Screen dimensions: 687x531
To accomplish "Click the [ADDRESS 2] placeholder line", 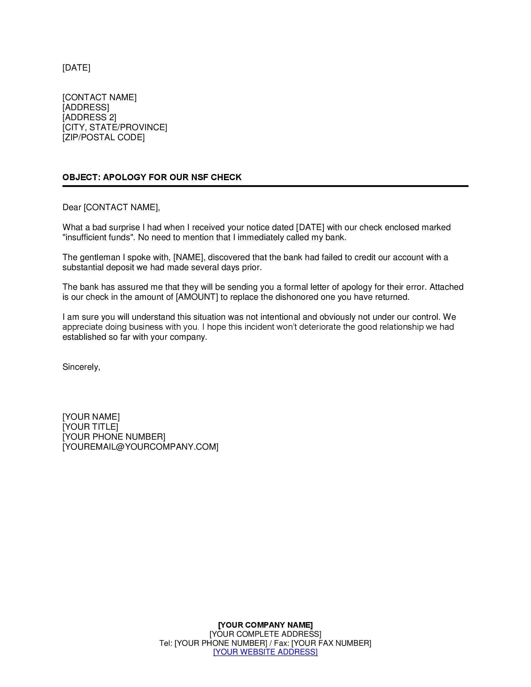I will coord(89,117).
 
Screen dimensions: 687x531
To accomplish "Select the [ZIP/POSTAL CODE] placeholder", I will coord(103,137).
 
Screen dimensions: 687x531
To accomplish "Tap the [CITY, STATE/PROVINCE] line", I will coord(115,127).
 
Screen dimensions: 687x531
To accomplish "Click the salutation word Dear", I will coord(72,207).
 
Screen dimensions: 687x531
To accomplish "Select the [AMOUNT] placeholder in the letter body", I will coord(196,297).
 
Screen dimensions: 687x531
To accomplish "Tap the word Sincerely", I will coord(81,367).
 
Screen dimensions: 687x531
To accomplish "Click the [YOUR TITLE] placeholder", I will coord(90,427).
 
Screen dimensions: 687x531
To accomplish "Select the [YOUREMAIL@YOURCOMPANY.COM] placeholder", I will coord(140,447).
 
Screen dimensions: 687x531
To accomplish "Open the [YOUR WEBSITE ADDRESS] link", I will coord(265,652).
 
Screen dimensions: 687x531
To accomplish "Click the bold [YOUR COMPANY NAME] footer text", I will coord(265,625).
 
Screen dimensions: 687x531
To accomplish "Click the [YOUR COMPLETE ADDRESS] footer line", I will coord(265,634).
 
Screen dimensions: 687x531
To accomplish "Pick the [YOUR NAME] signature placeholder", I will coord(91,417).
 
